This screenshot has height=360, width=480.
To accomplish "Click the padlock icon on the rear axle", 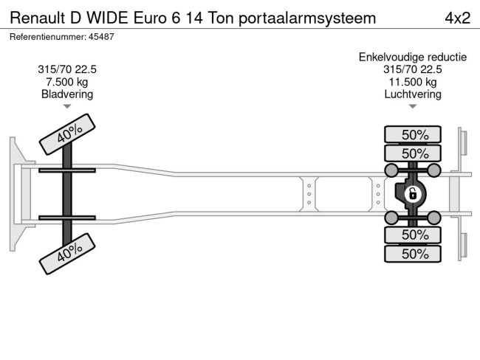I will point(413,195).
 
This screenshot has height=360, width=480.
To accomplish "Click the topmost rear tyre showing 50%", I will point(413,135).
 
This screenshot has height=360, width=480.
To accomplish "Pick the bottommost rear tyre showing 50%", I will point(413,254).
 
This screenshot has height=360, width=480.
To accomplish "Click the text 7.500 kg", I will point(67,82).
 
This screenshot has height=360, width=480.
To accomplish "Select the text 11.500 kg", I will point(413,82).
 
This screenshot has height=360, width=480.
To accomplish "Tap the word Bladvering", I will point(67,94).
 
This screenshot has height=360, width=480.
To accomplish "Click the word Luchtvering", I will point(413,94).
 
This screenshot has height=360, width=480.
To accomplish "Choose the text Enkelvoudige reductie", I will point(413,57).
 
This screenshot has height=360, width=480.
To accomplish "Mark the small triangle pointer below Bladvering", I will point(67,107).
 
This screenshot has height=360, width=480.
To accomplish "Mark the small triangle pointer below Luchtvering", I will point(413,107).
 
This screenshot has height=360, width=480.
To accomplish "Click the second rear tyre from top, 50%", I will point(413,153).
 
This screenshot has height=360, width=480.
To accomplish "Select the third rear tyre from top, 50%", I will point(413,235).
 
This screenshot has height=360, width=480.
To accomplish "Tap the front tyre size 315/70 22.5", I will point(67,69).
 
